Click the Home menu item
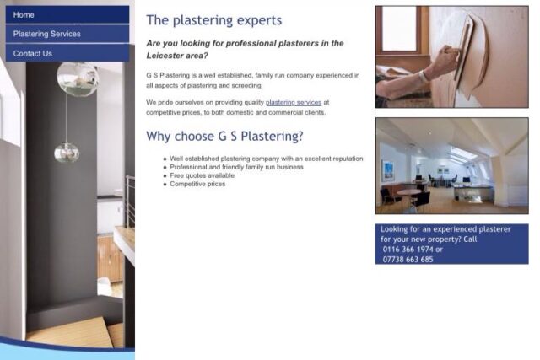(24, 14)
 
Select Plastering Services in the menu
(47, 34)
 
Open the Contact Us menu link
(33, 53)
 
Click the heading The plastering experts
(214, 20)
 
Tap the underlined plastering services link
(294, 102)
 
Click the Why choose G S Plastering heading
(224, 136)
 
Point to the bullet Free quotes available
(202, 175)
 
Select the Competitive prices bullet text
(197, 184)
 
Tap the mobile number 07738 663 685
(408, 260)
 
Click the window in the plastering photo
(398, 29)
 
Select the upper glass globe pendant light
(78, 78)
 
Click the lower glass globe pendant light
(67, 153)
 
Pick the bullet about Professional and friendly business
(236, 167)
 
